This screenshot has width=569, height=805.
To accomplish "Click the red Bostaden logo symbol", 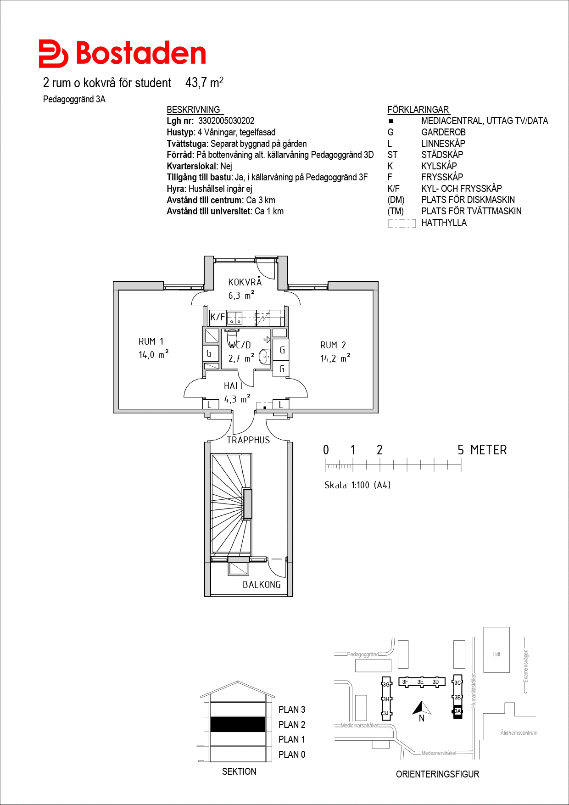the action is [53, 54].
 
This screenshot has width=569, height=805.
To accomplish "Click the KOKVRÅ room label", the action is [245, 282].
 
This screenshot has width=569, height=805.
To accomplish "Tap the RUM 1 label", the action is [151, 341].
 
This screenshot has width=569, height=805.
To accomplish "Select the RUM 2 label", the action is [333, 345].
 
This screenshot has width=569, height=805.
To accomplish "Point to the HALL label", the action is [234, 386].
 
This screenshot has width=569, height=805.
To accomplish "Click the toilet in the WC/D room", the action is [232, 335].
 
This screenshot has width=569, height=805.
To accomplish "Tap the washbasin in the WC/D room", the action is [265, 357].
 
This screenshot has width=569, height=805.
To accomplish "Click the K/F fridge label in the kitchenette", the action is [218, 317].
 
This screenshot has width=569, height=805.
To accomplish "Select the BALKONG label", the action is [262, 585].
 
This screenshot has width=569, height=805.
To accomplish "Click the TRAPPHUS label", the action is [248, 440].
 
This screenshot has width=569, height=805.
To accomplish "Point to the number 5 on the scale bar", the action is [461, 450].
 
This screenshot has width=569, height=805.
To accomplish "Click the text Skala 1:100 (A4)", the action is [357, 485].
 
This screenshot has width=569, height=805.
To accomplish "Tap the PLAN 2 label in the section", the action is [292, 725].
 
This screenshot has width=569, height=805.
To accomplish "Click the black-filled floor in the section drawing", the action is [238, 724].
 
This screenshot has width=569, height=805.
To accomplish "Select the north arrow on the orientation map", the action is [422, 708].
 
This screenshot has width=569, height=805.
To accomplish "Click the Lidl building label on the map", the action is [496, 654].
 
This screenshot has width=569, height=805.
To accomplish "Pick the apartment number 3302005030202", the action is [226, 121].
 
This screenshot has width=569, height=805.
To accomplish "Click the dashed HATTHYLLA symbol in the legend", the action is [402, 224].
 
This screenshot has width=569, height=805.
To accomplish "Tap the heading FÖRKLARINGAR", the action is [418, 110].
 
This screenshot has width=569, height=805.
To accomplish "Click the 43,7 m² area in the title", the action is [204, 83].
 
